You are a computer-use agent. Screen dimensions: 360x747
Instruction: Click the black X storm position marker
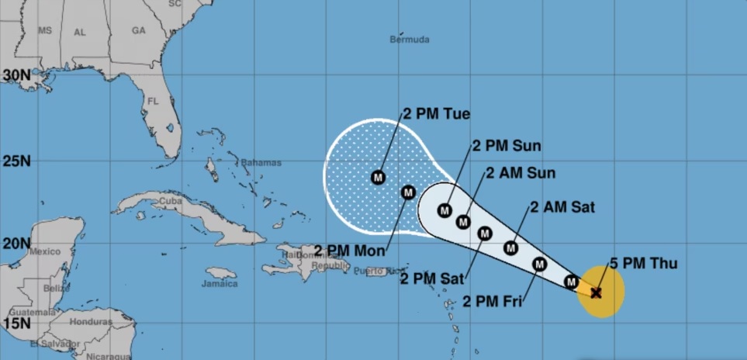pos(596,292)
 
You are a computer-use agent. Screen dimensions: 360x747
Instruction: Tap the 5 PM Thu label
pos(632,264)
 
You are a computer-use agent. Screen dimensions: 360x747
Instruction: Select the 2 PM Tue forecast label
pos(436,114)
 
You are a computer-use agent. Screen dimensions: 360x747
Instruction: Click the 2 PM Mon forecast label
pos(350,250)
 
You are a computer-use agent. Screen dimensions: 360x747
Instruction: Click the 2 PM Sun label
pos(507,146)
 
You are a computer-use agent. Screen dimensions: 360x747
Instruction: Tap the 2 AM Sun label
pos(520,173)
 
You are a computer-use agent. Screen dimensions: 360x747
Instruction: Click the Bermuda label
pos(410,40)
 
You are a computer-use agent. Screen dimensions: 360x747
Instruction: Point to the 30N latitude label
pos(16,75)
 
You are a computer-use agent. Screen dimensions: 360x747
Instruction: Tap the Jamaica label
pos(221,283)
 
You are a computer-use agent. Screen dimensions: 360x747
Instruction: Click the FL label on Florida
pos(152,101)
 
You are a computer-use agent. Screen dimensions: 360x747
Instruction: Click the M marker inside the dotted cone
pos(378,178)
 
